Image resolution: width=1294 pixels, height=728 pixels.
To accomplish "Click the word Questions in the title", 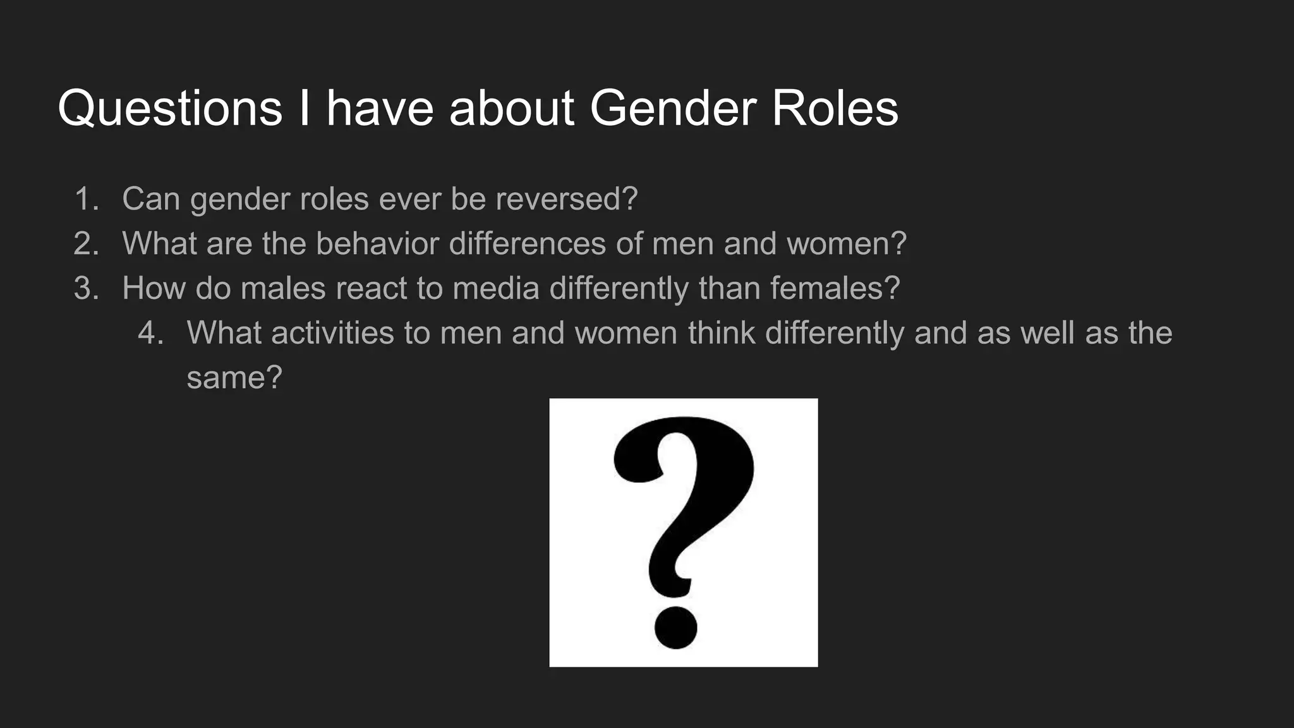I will (169, 109).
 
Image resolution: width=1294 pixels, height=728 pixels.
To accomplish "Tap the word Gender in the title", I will (673, 109).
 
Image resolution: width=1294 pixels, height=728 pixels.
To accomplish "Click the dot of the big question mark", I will (675, 627).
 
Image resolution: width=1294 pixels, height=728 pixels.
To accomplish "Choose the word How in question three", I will (154, 289).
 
